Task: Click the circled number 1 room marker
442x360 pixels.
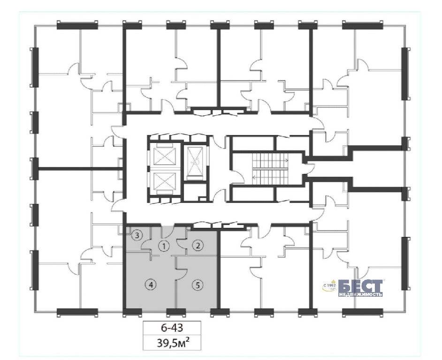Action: coord(164,247)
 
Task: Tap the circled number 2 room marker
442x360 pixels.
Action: coord(198,246)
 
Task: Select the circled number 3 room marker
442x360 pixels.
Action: coord(137,235)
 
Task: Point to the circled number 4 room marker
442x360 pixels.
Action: coord(152,285)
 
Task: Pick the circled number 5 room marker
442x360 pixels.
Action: coord(198,285)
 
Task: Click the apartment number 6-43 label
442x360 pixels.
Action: coord(172,328)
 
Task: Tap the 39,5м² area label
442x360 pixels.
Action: coord(173,343)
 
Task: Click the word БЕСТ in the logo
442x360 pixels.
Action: coord(360,286)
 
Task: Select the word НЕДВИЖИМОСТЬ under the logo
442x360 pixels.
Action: coord(360,295)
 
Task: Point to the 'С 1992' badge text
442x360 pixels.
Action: coord(330,285)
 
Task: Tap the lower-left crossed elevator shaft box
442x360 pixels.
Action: coord(164,182)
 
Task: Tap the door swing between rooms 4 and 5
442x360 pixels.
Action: coord(182,274)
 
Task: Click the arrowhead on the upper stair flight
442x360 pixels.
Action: coord(287,161)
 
